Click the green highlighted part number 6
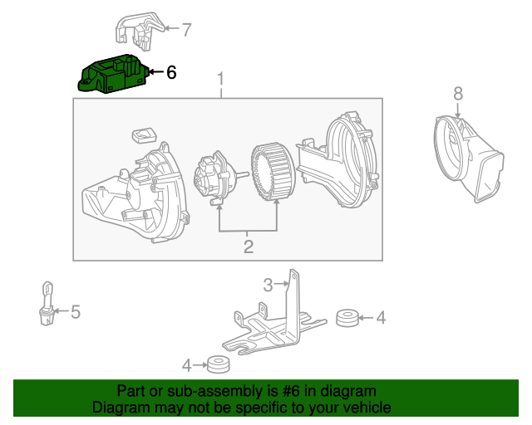(x=111, y=73)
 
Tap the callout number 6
(x=171, y=73)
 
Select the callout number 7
(x=186, y=31)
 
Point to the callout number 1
(x=222, y=80)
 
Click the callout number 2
(x=248, y=246)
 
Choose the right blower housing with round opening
(x=341, y=162)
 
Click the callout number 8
(x=457, y=92)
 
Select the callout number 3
(x=268, y=286)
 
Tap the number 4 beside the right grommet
(x=381, y=316)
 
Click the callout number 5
(x=75, y=312)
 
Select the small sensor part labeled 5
(x=48, y=302)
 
